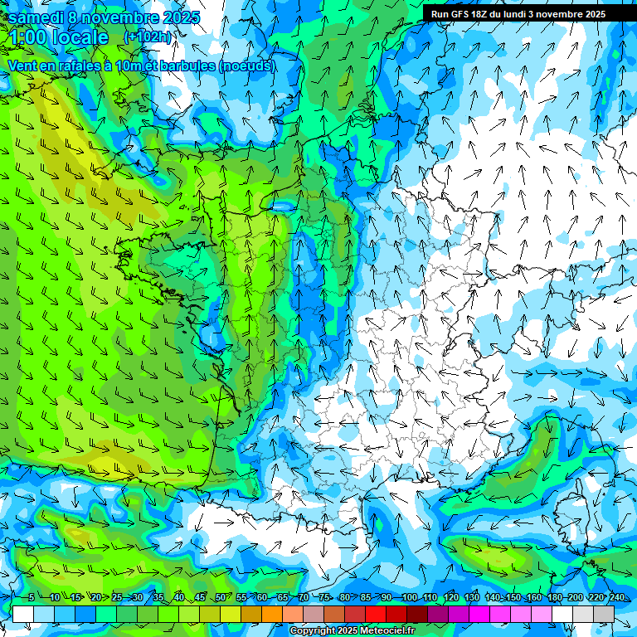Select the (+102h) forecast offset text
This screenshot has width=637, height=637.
[148, 36]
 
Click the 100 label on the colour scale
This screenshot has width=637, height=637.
[409, 597]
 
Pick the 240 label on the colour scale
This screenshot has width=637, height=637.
[616, 597]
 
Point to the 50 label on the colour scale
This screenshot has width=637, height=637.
[220, 597]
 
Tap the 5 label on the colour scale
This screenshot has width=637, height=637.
[31, 597]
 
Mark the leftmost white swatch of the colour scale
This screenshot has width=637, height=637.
[23, 614]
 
